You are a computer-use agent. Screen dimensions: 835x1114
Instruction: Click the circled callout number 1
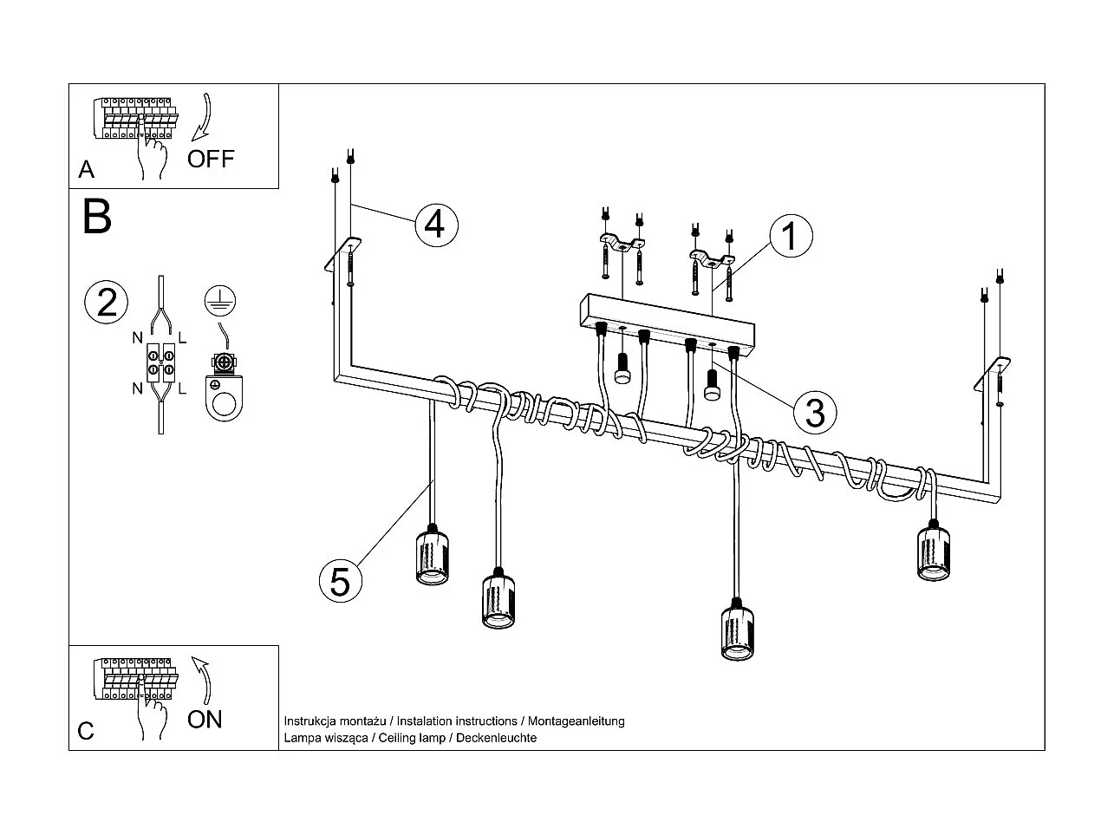tap(790, 236)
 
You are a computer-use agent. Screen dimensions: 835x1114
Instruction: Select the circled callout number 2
tap(107, 303)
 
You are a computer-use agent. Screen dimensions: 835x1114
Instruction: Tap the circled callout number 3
tap(814, 412)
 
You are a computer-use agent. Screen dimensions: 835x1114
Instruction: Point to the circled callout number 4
tap(435, 223)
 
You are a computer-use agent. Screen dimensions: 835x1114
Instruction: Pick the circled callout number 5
tap(340, 580)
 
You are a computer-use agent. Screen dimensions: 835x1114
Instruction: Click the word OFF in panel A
tap(211, 159)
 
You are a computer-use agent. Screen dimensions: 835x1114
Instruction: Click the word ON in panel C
tap(205, 719)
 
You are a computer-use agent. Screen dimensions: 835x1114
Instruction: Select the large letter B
tap(97, 218)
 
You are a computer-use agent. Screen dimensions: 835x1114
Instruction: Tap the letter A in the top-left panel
tap(86, 169)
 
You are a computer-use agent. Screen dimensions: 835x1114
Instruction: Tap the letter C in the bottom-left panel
tap(86, 731)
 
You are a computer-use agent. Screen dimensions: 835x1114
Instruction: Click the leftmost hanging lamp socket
tap(431, 556)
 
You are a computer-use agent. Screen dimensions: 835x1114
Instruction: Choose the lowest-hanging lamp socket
tap(737, 631)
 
